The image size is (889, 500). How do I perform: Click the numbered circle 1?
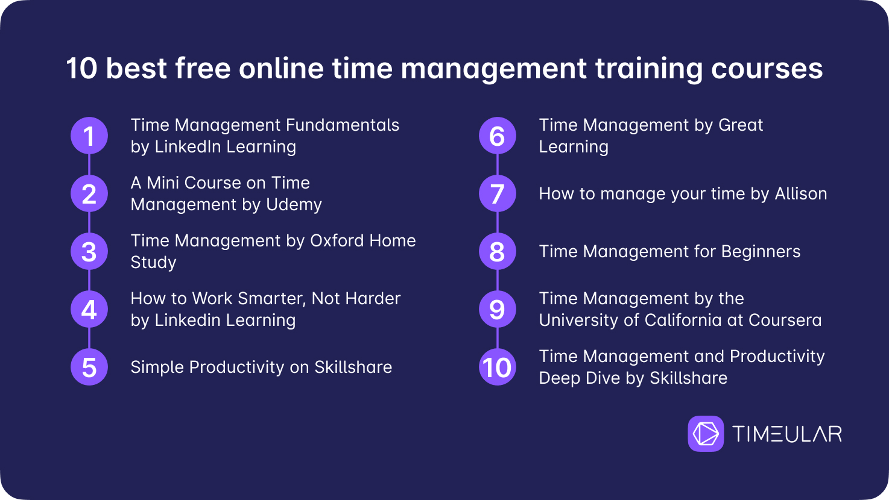[89, 136]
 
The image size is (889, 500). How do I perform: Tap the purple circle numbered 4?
[89, 309]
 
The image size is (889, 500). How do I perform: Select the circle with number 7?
[498, 193]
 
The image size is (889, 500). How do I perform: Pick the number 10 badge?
[498, 367]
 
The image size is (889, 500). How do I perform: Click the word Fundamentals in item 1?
[342, 125]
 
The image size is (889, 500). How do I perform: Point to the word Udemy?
[294, 205]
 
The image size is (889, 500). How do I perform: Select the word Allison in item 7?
[801, 194]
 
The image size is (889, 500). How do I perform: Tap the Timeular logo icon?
[706, 433]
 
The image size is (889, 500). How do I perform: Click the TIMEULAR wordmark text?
[787, 434]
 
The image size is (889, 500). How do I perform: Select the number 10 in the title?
[82, 69]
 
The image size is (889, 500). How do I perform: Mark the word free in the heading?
[203, 68]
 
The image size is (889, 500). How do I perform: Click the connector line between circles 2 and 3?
[89, 222]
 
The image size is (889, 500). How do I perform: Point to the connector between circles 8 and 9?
[498, 280]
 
